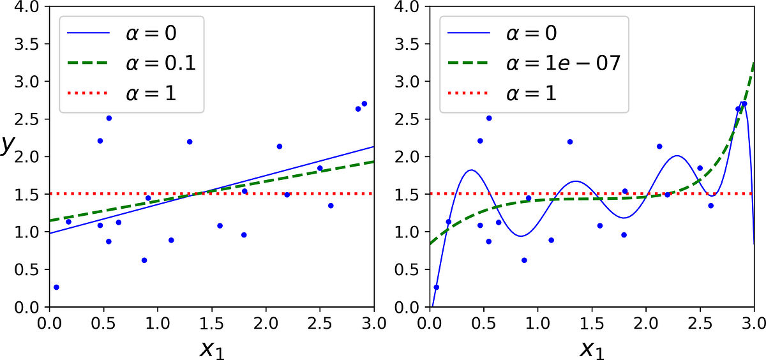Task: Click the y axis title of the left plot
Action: click(7, 145)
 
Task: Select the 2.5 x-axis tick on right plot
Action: click(700, 322)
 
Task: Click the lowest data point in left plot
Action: click(56, 287)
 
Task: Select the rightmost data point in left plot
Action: click(364, 103)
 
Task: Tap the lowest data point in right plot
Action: click(437, 287)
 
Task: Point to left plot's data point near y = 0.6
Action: click(144, 260)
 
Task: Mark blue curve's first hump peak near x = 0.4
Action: click(471, 170)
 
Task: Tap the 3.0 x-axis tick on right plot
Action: click(754, 322)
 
